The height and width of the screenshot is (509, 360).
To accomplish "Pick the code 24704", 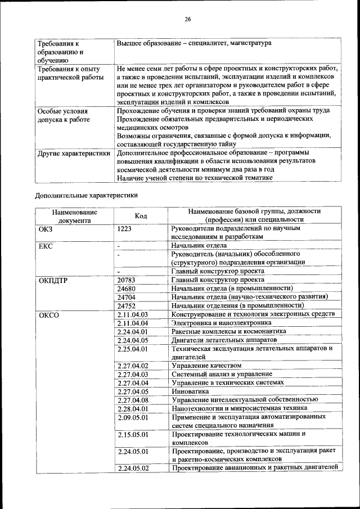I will [127, 296].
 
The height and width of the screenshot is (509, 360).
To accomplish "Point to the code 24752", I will [127, 305].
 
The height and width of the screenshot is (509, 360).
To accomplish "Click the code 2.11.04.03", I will [133, 314].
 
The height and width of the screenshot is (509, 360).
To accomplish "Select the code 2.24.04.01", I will [133, 331].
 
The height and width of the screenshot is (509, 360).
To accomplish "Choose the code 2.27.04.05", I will [133, 391].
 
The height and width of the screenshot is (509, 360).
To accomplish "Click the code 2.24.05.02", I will [133, 467].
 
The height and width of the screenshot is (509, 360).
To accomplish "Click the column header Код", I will [141, 216].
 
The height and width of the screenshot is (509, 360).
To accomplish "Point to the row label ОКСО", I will [49, 314].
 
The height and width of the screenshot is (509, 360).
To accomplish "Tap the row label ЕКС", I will [46, 246].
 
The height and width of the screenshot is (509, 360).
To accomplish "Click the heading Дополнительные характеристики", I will [86, 195].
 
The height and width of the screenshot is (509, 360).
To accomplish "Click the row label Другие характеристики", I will [73, 153].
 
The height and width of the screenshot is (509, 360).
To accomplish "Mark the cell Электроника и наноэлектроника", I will [222, 323].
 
